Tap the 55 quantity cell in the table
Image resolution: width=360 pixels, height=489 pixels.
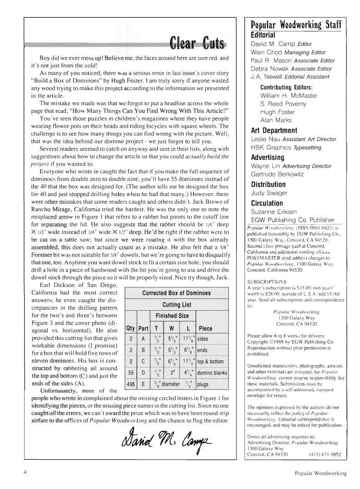click(x=130, y=373)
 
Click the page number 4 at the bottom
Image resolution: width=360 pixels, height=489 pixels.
click(x=25, y=472)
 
